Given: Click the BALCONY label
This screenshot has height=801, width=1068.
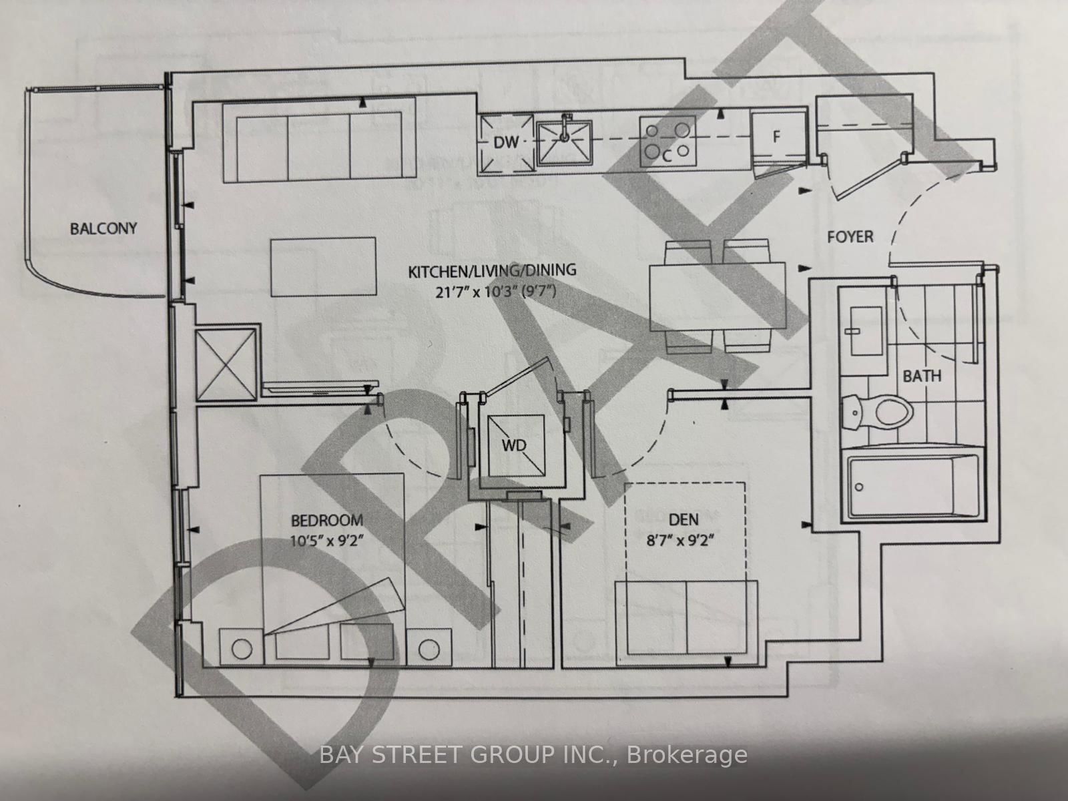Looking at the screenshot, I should pos(103,228).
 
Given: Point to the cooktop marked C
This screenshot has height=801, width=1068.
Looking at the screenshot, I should pos(666,142).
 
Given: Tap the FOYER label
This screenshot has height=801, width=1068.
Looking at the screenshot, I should pos(850,237).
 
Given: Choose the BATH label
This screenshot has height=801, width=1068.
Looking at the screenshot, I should pos(922,376).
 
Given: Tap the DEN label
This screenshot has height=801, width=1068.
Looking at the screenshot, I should pos(684,519).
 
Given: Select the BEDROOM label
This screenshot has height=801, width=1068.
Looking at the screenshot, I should pos(326,520).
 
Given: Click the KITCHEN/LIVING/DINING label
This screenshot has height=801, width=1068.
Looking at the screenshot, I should pos(492,271).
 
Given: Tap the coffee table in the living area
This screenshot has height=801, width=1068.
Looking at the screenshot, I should pos(323,267).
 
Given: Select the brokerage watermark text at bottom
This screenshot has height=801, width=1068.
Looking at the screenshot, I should pos(533,756).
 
